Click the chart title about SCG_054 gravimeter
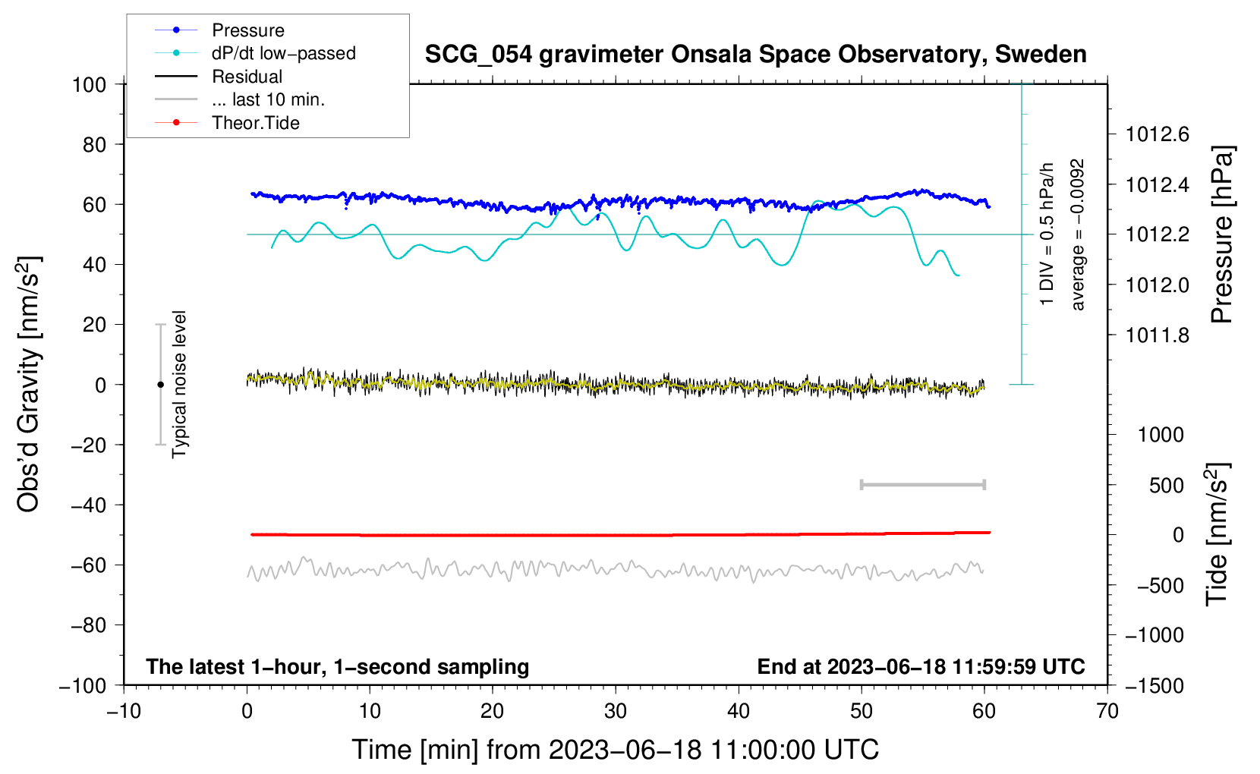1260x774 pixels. (755, 55)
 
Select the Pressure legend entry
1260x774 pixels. (247, 30)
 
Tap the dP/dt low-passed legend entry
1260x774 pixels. (283, 53)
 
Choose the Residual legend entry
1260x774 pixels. (247, 77)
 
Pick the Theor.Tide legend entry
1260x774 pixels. (255, 123)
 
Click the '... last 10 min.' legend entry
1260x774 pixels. (268, 99)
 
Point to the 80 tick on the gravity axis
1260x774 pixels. (94, 144)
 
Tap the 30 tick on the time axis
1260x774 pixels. (616, 711)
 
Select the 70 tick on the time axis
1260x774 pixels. (1107, 711)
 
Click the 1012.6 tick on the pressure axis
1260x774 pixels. (1158, 134)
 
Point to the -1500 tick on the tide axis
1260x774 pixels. (1154, 685)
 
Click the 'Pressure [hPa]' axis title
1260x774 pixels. (1221, 234)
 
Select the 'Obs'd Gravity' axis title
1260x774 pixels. (29, 384)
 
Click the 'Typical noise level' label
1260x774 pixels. (179, 384)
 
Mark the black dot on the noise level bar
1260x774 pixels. (160, 385)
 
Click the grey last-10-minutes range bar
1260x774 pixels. (922, 484)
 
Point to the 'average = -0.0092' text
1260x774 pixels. (1078, 234)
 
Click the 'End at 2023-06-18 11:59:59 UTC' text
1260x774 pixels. (921, 666)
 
